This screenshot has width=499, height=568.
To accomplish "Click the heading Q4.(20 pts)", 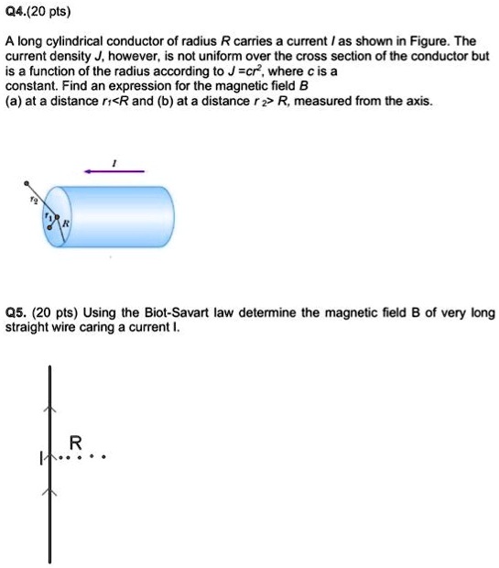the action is [x=31, y=13].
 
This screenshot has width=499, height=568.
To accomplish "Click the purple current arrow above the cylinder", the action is [x=114, y=170].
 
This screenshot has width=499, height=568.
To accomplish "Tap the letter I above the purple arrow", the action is [x=114, y=160].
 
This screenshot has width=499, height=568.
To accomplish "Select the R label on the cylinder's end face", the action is [x=67, y=223].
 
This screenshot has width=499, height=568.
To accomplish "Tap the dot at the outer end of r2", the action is [x=27, y=183].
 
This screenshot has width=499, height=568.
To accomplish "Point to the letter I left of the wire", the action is [x=39, y=455].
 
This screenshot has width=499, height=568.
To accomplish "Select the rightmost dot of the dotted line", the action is [x=105, y=455].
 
